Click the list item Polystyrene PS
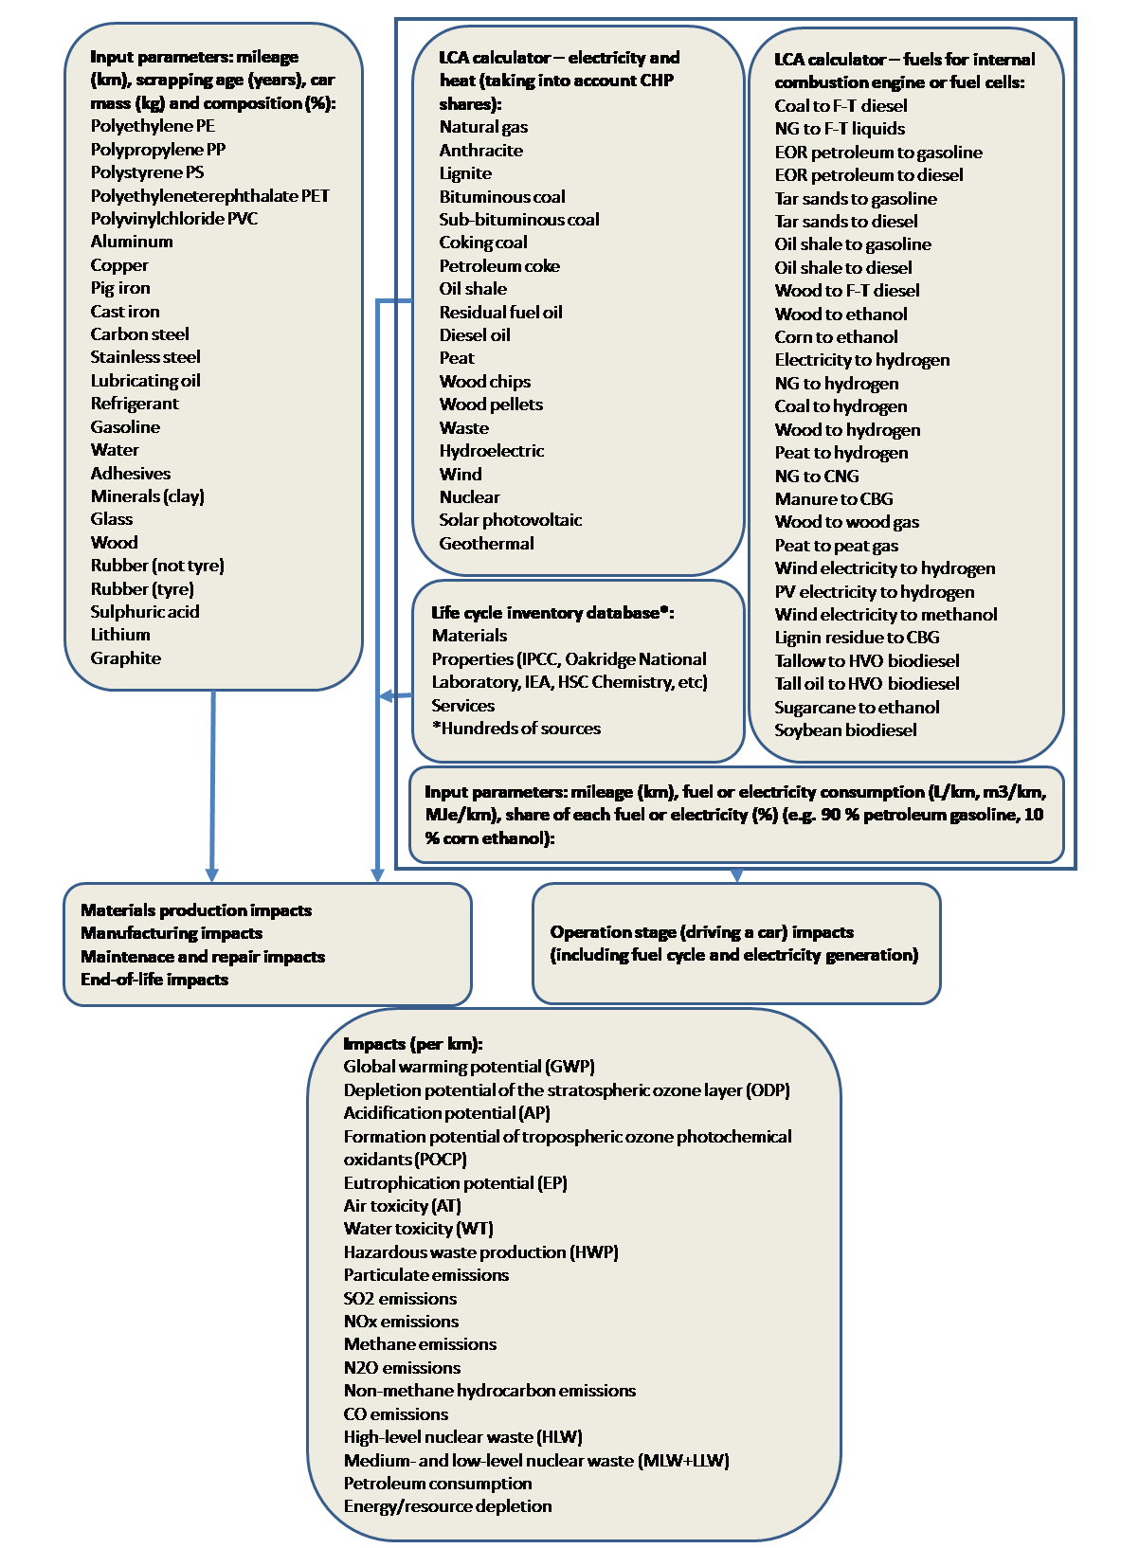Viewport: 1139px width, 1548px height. pyautogui.click(x=147, y=172)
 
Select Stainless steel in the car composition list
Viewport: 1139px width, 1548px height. pyautogui.click(x=145, y=357)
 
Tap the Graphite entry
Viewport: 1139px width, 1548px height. pyautogui.click(x=125, y=658)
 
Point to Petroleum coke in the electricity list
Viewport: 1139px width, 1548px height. pyautogui.click(x=498, y=266)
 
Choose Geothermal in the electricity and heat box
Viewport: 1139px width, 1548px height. pyautogui.click(x=486, y=544)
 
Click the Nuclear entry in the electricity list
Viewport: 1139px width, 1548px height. pyautogui.click(x=469, y=497)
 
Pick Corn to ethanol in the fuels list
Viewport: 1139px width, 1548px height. pyautogui.click(x=836, y=337)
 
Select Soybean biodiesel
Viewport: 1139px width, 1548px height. pyautogui.click(x=845, y=730)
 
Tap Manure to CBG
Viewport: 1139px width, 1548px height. pyautogui.click(x=833, y=499)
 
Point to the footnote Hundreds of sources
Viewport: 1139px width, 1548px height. pyautogui.click(x=516, y=729)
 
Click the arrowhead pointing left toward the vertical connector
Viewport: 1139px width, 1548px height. pyautogui.click(x=386, y=696)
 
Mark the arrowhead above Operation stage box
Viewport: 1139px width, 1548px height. pyautogui.click(x=736, y=875)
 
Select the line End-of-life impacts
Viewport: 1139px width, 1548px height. pyautogui.click(x=154, y=980)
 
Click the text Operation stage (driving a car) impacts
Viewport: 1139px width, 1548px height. pyautogui.click(x=701, y=932)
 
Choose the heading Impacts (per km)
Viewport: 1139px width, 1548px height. pyautogui.click(x=412, y=1044)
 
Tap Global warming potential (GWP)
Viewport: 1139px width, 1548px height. pyautogui.click(x=469, y=1067)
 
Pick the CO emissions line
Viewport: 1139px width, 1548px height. pyautogui.click(x=395, y=1414)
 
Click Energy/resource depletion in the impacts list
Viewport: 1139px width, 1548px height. pyautogui.click(x=447, y=1506)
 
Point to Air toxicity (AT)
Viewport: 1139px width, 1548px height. pyautogui.click(x=402, y=1206)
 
